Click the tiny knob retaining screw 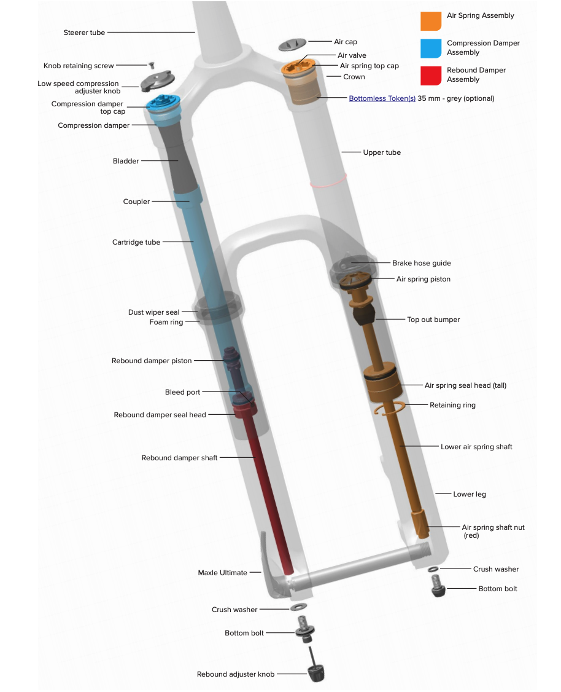pyautogui.click(x=151, y=65)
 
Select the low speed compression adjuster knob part pyautogui.click(x=158, y=81)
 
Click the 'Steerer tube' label pyautogui.click(x=84, y=33)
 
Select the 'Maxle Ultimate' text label pyautogui.click(x=222, y=573)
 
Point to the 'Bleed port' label pyautogui.click(x=182, y=392)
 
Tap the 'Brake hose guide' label pyautogui.click(x=422, y=263)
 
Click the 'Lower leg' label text pyautogui.click(x=470, y=494)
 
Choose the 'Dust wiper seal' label pyautogui.click(x=154, y=312)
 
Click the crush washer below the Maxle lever pyautogui.click(x=298, y=608)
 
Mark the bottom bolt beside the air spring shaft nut pyautogui.click(x=437, y=586)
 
